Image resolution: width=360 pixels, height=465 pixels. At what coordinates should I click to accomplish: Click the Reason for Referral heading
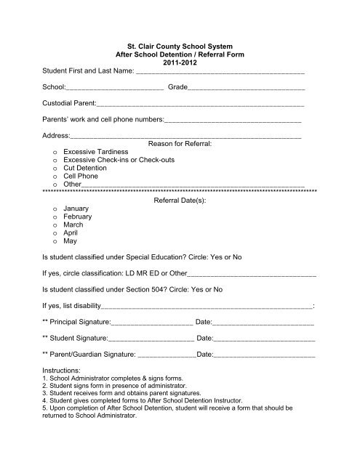180,144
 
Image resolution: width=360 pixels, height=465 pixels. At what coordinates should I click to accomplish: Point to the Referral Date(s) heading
180,199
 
